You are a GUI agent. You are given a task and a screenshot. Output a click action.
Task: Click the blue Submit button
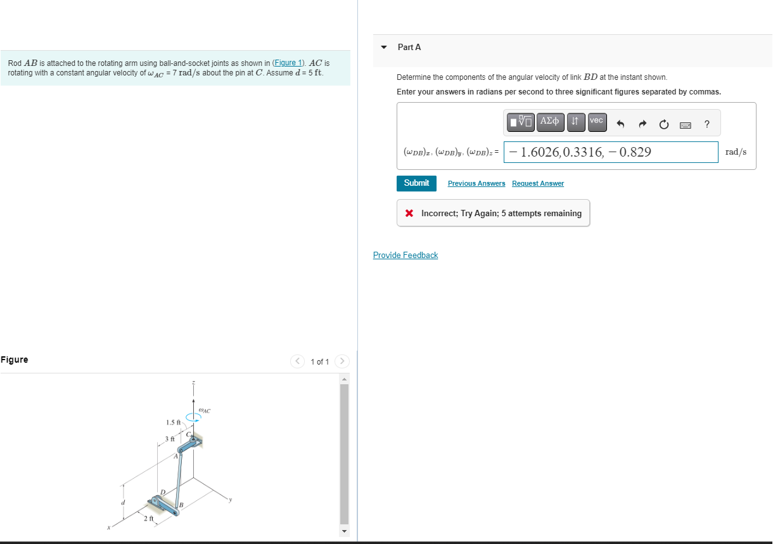(416, 183)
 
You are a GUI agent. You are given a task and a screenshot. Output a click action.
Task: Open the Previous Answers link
(476, 183)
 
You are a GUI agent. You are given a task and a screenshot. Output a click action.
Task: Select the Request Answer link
(538, 183)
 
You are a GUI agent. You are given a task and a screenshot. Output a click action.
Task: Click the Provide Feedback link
(406, 255)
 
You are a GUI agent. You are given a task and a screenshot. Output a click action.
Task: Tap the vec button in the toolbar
(596, 121)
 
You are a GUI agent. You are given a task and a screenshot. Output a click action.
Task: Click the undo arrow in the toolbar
(621, 124)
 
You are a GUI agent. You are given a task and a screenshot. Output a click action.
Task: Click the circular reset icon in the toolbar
(663, 124)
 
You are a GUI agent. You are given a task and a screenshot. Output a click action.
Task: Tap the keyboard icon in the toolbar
(685, 125)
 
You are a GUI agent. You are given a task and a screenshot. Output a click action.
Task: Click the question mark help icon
(706, 124)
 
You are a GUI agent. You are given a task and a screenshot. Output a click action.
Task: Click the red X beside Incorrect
(410, 213)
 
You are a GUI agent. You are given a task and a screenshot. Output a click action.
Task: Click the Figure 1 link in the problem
(288, 63)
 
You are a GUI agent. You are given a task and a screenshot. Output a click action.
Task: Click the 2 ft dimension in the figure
(148, 519)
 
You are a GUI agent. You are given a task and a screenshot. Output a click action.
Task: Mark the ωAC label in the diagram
(204, 410)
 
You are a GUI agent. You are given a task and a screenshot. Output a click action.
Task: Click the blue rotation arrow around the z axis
(193, 417)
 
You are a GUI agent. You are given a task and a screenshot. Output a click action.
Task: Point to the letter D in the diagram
(162, 492)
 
